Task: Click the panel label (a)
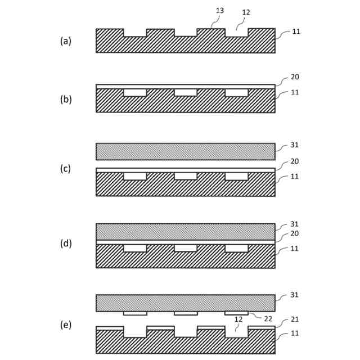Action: pos(66,40)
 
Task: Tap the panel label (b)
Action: pos(66,99)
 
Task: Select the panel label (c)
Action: pos(66,168)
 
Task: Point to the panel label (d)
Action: pos(66,244)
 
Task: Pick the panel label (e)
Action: pos(66,325)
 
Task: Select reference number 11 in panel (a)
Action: pos(296,32)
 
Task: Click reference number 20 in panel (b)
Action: pos(296,77)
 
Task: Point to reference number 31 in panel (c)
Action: pos(296,145)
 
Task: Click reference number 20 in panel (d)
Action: pos(296,234)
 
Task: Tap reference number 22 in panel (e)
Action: pos(269,319)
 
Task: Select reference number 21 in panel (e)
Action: pos(296,319)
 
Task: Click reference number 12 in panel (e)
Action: pos(240,319)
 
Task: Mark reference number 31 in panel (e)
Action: pos(296,295)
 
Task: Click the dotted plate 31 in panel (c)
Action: pos(186,151)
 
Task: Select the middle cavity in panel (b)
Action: pos(186,92)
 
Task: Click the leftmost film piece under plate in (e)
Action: pos(135,313)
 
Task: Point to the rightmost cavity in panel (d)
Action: pos(236,248)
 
